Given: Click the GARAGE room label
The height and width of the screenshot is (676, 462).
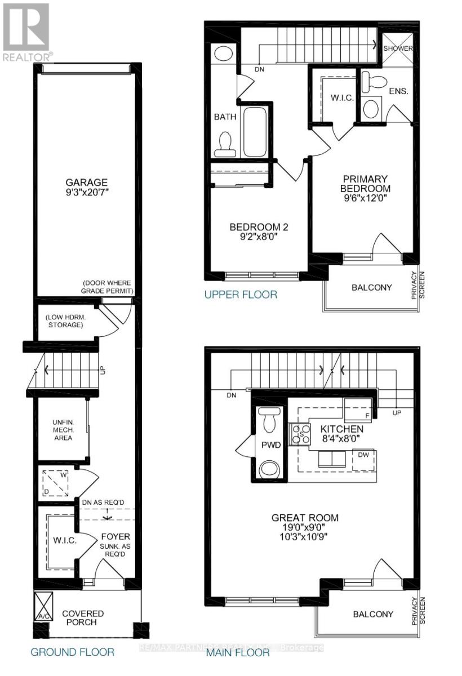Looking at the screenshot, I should coord(86,182).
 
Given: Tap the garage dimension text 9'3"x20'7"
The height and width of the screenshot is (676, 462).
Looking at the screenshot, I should coord(86,193).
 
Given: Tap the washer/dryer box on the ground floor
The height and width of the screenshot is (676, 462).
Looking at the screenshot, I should coord(56,483).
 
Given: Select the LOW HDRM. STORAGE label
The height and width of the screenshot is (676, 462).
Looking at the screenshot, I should coord(64,321).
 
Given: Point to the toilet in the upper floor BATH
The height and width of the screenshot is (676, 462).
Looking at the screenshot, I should coord(224,144).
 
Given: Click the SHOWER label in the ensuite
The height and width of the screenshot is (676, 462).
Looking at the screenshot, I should coord(398,48).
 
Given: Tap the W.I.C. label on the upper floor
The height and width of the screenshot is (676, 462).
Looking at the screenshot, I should coord(343,97).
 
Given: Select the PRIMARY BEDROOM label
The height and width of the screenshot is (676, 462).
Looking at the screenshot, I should coord(365,183).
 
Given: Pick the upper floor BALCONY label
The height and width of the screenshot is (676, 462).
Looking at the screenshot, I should coord(371,287).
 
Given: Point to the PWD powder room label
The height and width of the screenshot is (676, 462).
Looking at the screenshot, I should coord(266,444).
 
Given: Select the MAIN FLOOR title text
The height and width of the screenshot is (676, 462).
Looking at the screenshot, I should coord(237,652).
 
